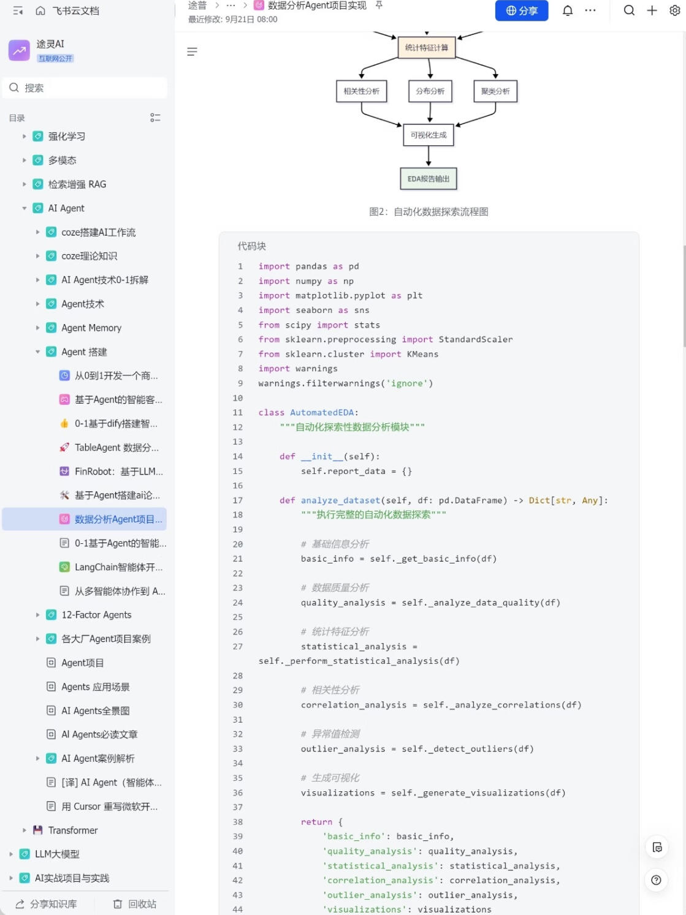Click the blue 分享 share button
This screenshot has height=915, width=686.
click(x=521, y=10)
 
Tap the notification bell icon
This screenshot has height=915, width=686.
click(x=568, y=10)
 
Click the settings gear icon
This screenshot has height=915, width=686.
click(x=675, y=10)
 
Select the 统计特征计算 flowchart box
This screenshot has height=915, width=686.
click(x=427, y=48)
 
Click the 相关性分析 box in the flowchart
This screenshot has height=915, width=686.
click(x=361, y=91)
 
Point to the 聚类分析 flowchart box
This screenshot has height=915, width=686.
click(x=495, y=91)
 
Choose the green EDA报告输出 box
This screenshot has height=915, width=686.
click(x=428, y=178)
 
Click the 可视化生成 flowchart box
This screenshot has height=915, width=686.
click(x=428, y=135)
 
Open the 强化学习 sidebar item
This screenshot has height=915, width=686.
click(x=67, y=137)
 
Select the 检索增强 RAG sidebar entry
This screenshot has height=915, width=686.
click(x=77, y=184)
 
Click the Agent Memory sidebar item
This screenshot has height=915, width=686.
click(x=91, y=328)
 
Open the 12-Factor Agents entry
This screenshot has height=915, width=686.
click(x=96, y=615)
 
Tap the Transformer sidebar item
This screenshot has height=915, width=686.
click(x=73, y=830)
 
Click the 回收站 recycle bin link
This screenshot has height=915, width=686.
click(x=135, y=904)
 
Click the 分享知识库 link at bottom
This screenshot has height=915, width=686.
click(x=47, y=904)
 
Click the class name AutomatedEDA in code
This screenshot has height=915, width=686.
click(x=322, y=412)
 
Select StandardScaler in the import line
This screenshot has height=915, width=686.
click(x=476, y=339)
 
